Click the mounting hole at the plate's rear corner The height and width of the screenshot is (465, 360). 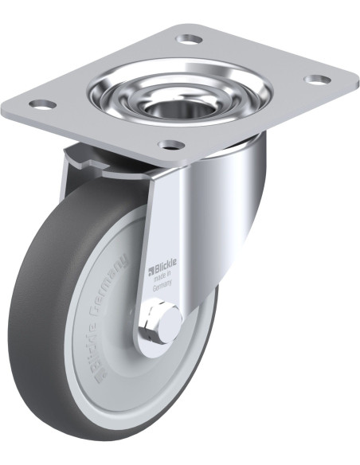(190, 38)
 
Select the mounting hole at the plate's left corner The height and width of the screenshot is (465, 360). (43, 104)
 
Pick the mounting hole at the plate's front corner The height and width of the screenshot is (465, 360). (171, 145)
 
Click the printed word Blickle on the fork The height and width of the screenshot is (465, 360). (165, 264)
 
